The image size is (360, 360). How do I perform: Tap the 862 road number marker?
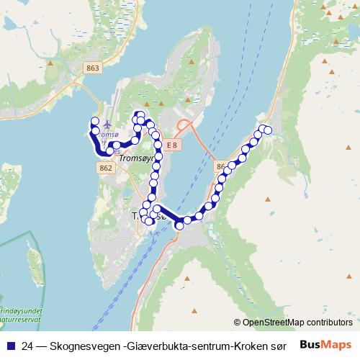click(105, 168)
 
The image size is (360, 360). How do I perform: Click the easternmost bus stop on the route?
click(268, 130)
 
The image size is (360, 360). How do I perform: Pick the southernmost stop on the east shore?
click(180, 225)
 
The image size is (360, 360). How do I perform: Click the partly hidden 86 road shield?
click(220, 166)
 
